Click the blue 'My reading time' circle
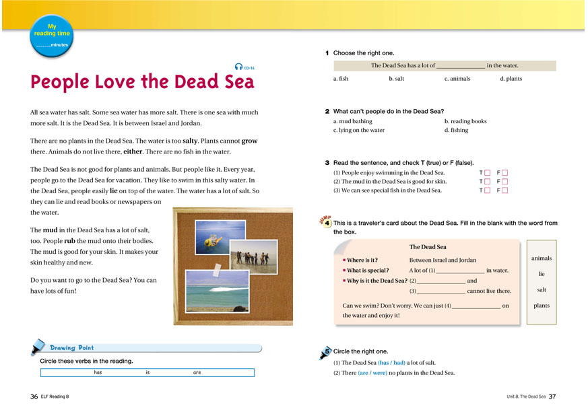[51, 34]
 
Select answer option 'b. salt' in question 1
[397, 79]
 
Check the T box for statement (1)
[488, 173]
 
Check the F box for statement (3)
[505, 191]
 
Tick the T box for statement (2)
[488, 182]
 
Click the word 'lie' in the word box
[541, 274]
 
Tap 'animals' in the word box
[541, 258]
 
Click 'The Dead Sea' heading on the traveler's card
[427, 247]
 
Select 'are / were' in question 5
[372, 372]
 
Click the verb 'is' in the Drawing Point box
[148, 372]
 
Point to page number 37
[552, 397]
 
